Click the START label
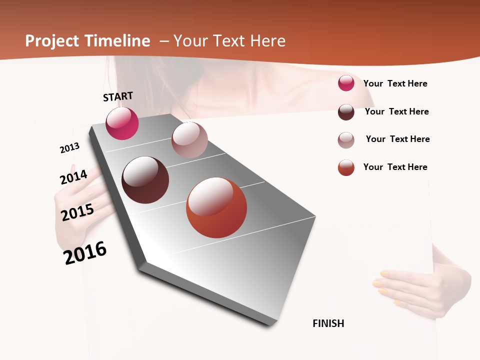(x=118, y=96)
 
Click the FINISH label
(x=328, y=323)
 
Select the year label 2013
(x=69, y=148)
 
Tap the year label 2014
(x=73, y=177)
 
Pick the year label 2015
(x=77, y=212)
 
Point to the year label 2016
(x=85, y=253)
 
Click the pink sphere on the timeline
(x=122, y=123)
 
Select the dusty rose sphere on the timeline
(x=189, y=140)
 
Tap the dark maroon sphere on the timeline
(x=145, y=180)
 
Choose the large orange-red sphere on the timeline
(x=216, y=207)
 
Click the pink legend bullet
(x=346, y=83)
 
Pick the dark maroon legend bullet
(x=346, y=112)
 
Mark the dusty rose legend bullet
(x=346, y=140)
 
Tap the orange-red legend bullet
(x=346, y=167)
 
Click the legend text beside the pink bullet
(x=395, y=83)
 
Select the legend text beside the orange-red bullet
(x=395, y=167)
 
